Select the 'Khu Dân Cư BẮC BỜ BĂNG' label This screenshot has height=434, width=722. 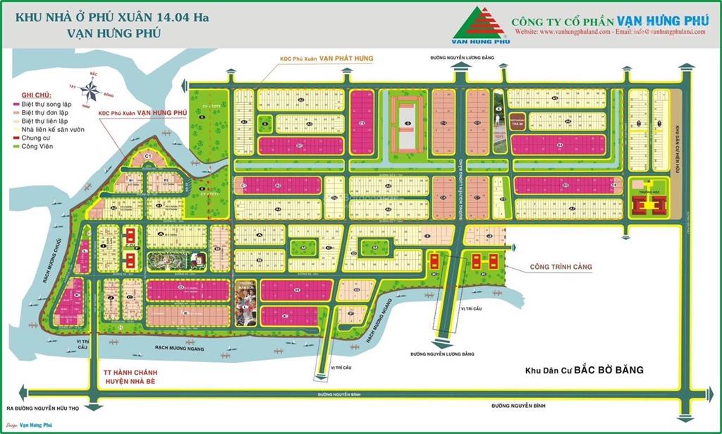tap(585, 370)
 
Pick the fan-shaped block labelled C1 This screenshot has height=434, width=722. tap(149, 157)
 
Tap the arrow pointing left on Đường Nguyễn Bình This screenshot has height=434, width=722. tap(28, 392)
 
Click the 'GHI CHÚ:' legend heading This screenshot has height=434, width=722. tap(35, 95)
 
